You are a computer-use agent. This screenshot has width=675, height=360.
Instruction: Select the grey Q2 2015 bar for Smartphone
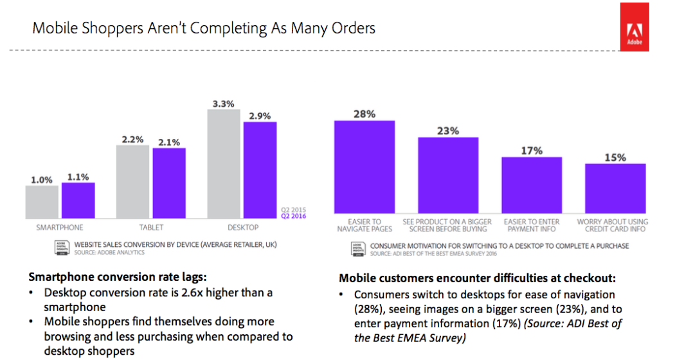[x=42, y=202]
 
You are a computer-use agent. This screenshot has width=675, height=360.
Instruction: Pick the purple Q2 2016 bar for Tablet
[x=168, y=183]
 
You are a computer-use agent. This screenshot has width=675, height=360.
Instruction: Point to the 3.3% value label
[x=224, y=103]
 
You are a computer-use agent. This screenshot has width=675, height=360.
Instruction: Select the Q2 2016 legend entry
[x=293, y=216]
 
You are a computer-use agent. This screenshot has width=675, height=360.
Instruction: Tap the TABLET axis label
[x=151, y=228]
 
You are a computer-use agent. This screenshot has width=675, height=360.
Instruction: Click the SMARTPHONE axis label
[x=59, y=228]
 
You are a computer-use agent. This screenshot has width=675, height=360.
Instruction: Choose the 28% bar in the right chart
[x=364, y=167]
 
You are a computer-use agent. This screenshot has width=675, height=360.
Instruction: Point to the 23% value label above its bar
[x=448, y=130]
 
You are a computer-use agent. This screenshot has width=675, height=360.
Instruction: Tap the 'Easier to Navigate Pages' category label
[x=364, y=226]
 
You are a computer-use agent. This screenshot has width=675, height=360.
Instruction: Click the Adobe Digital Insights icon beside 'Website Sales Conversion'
[x=62, y=248]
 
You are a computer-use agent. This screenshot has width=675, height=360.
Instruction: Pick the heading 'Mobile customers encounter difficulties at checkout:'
[x=477, y=278]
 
